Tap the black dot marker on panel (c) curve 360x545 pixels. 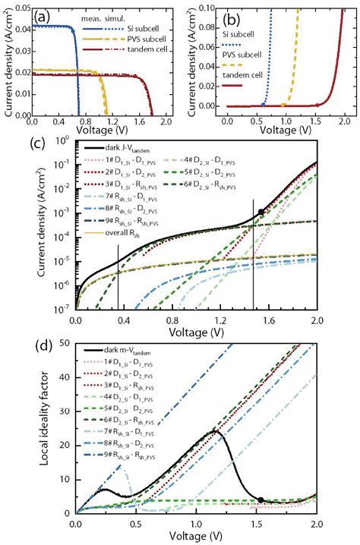(x=261, y=212)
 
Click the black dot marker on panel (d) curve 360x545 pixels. (x=261, y=499)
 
